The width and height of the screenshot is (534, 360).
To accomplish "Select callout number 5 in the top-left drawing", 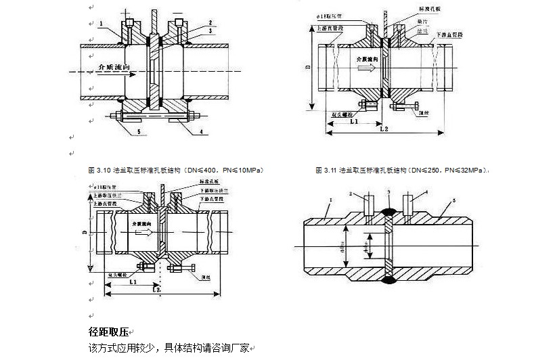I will (139, 130).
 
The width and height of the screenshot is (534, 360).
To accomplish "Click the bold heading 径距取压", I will (108, 332).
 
